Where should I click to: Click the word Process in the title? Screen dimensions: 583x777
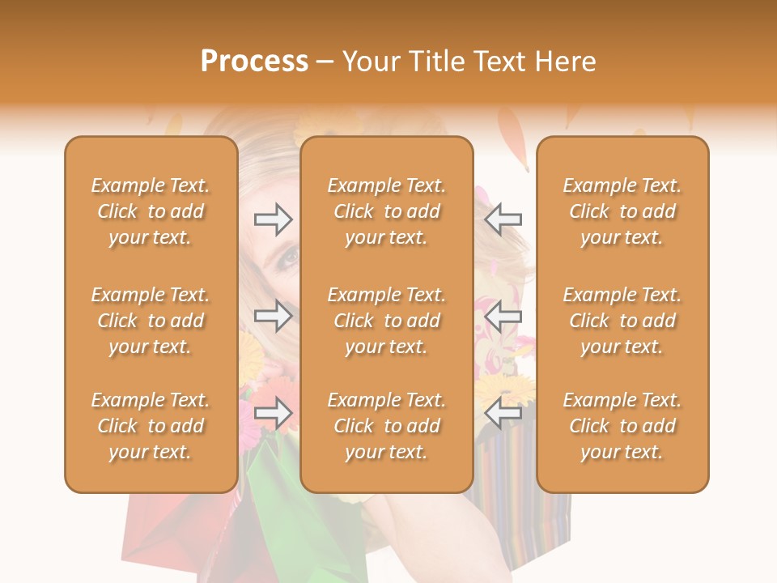coord(254,62)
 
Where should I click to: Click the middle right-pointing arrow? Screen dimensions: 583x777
coord(273,317)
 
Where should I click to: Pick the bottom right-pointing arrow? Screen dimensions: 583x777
coord(273,414)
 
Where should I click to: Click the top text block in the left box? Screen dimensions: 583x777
coord(151,211)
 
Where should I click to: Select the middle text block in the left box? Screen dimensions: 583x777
coord(151,321)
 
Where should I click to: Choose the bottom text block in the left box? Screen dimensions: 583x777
coord(151,426)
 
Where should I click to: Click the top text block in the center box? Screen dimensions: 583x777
coord(386,211)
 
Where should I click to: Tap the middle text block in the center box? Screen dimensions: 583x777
coord(386,321)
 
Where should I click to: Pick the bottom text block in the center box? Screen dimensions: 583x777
coord(386,426)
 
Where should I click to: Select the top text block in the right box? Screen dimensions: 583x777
coord(622,211)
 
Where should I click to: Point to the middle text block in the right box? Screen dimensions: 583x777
coord(622,321)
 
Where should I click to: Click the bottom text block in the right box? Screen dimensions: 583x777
coord(622,426)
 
